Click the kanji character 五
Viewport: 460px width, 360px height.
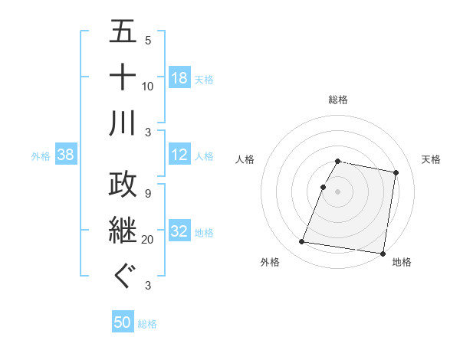click(x=123, y=34)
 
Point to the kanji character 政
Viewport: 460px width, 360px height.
click(x=123, y=184)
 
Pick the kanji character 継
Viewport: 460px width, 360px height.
click(x=123, y=230)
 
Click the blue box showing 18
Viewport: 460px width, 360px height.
click(x=179, y=77)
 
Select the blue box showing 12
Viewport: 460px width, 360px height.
click(x=179, y=155)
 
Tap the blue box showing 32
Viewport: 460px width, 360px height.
click(x=179, y=231)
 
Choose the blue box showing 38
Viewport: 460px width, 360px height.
click(x=66, y=155)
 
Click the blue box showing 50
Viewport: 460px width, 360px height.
click(x=123, y=322)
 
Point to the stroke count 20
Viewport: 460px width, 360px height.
click(x=147, y=240)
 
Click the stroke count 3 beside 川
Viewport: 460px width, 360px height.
click(x=147, y=132)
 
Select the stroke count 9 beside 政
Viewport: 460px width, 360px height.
click(x=147, y=194)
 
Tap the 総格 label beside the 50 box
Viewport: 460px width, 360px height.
click(x=147, y=324)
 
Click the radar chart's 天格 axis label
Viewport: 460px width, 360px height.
click(x=431, y=159)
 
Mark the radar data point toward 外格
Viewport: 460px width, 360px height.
click(x=302, y=242)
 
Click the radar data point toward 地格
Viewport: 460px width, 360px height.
click(x=382, y=253)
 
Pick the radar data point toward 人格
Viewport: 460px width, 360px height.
click(x=324, y=187)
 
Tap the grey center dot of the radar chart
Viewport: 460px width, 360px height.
click(x=337, y=191)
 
